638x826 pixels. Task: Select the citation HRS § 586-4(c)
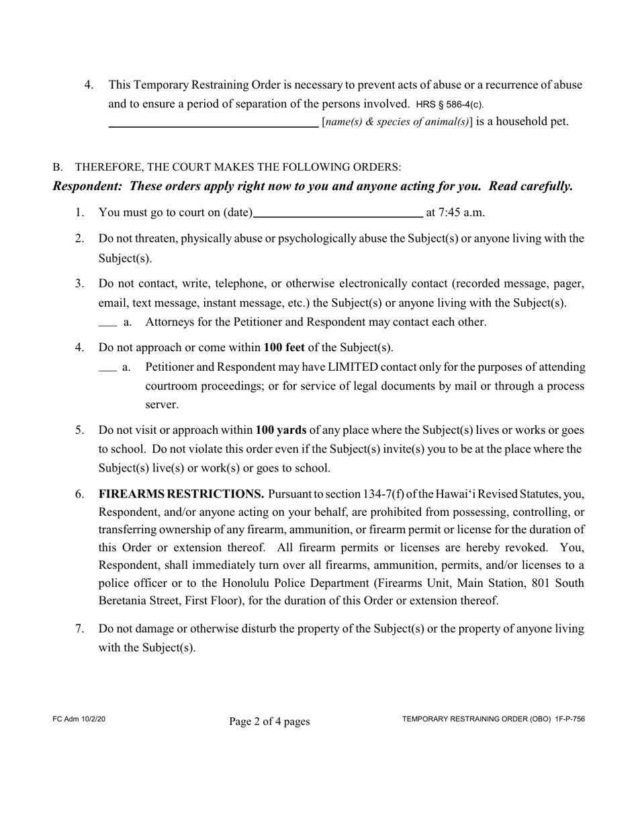(x=449, y=105)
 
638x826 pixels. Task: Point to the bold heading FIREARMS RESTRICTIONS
(x=181, y=494)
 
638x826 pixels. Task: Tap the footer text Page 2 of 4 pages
(x=269, y=721)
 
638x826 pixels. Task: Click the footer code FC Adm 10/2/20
(x=79, y=719)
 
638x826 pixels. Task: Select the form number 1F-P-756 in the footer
(x=569, y=719)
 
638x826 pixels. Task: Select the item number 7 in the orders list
(x=79, y=629)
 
